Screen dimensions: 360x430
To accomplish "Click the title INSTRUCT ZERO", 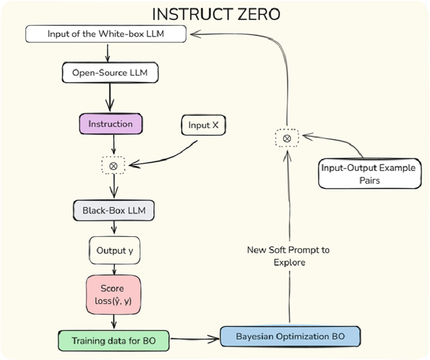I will pos(215,13).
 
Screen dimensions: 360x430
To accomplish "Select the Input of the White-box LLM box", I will pos(106,34).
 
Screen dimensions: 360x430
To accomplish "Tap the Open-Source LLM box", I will pos(110,73).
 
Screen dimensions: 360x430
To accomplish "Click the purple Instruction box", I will pos(110,124).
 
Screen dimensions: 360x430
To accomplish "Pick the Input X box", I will pos(203,125).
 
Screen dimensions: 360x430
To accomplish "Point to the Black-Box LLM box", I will pos(113,210).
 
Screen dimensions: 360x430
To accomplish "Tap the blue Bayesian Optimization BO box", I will pos(290,335).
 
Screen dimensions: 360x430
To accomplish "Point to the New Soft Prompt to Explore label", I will pos(288,256).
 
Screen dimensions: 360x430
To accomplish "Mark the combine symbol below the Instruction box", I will pos(113,166).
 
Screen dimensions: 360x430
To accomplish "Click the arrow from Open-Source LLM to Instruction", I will pos(111,98).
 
